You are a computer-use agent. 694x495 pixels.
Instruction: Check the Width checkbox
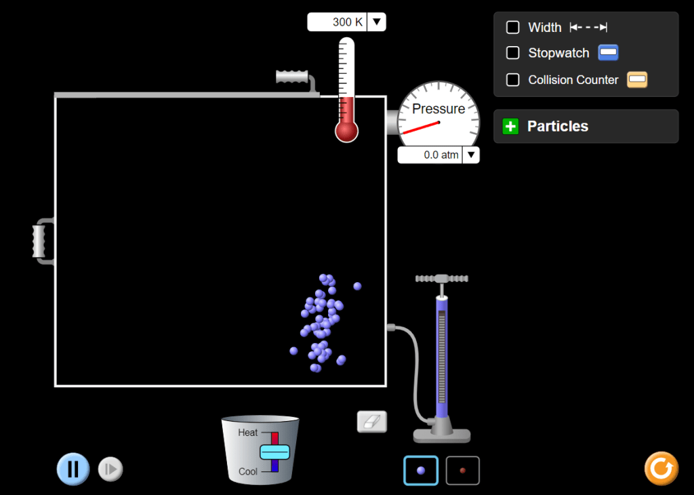[512, 27]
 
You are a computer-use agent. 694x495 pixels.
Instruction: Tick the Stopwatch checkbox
[512, 53]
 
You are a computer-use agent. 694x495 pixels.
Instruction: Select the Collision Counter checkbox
[512, 80]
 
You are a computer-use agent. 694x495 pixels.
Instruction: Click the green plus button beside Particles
[510, 126]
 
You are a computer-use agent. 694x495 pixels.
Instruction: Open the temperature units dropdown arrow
[377, 22]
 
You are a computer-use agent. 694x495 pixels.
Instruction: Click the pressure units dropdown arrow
[471, 155]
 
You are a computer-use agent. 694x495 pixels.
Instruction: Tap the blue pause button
[73, 469]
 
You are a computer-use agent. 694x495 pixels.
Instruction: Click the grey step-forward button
[110, 469]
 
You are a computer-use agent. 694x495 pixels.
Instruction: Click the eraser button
[372, 422]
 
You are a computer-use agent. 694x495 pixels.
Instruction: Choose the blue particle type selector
[421, 470]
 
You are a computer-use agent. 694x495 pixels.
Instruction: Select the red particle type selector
[462, 470]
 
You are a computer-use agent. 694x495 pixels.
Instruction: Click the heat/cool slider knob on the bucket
[275, 452]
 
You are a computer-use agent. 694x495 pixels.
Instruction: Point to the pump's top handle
[442, 279]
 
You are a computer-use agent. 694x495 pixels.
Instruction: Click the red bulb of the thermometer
[346, 131]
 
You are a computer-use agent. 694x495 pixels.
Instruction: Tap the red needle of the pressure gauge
[421, 127]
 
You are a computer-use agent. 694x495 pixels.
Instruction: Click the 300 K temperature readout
[348, 22]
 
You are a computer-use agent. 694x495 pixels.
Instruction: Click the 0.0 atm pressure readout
[441, 155]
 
